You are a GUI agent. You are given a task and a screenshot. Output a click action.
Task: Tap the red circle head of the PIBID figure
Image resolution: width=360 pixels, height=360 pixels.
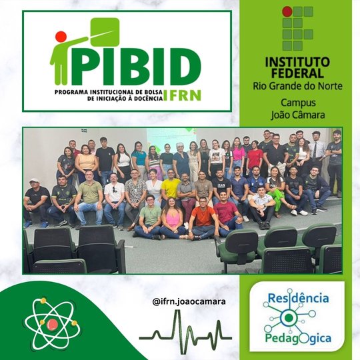[61, 37]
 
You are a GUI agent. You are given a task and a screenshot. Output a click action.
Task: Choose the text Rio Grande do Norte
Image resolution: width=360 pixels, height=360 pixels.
[293, 86]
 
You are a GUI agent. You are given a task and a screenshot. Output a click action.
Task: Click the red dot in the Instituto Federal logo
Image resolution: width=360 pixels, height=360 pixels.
[287, 11]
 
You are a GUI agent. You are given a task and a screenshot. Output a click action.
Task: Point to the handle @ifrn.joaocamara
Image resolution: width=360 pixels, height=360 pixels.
[189, 301]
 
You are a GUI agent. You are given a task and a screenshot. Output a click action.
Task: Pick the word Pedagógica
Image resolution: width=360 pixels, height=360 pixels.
[297, 338]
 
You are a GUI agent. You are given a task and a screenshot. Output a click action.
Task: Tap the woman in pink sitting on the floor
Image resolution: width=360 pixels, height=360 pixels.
[173, 221]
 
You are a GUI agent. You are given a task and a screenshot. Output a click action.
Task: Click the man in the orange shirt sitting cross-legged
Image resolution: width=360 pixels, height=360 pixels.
[201, 220]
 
